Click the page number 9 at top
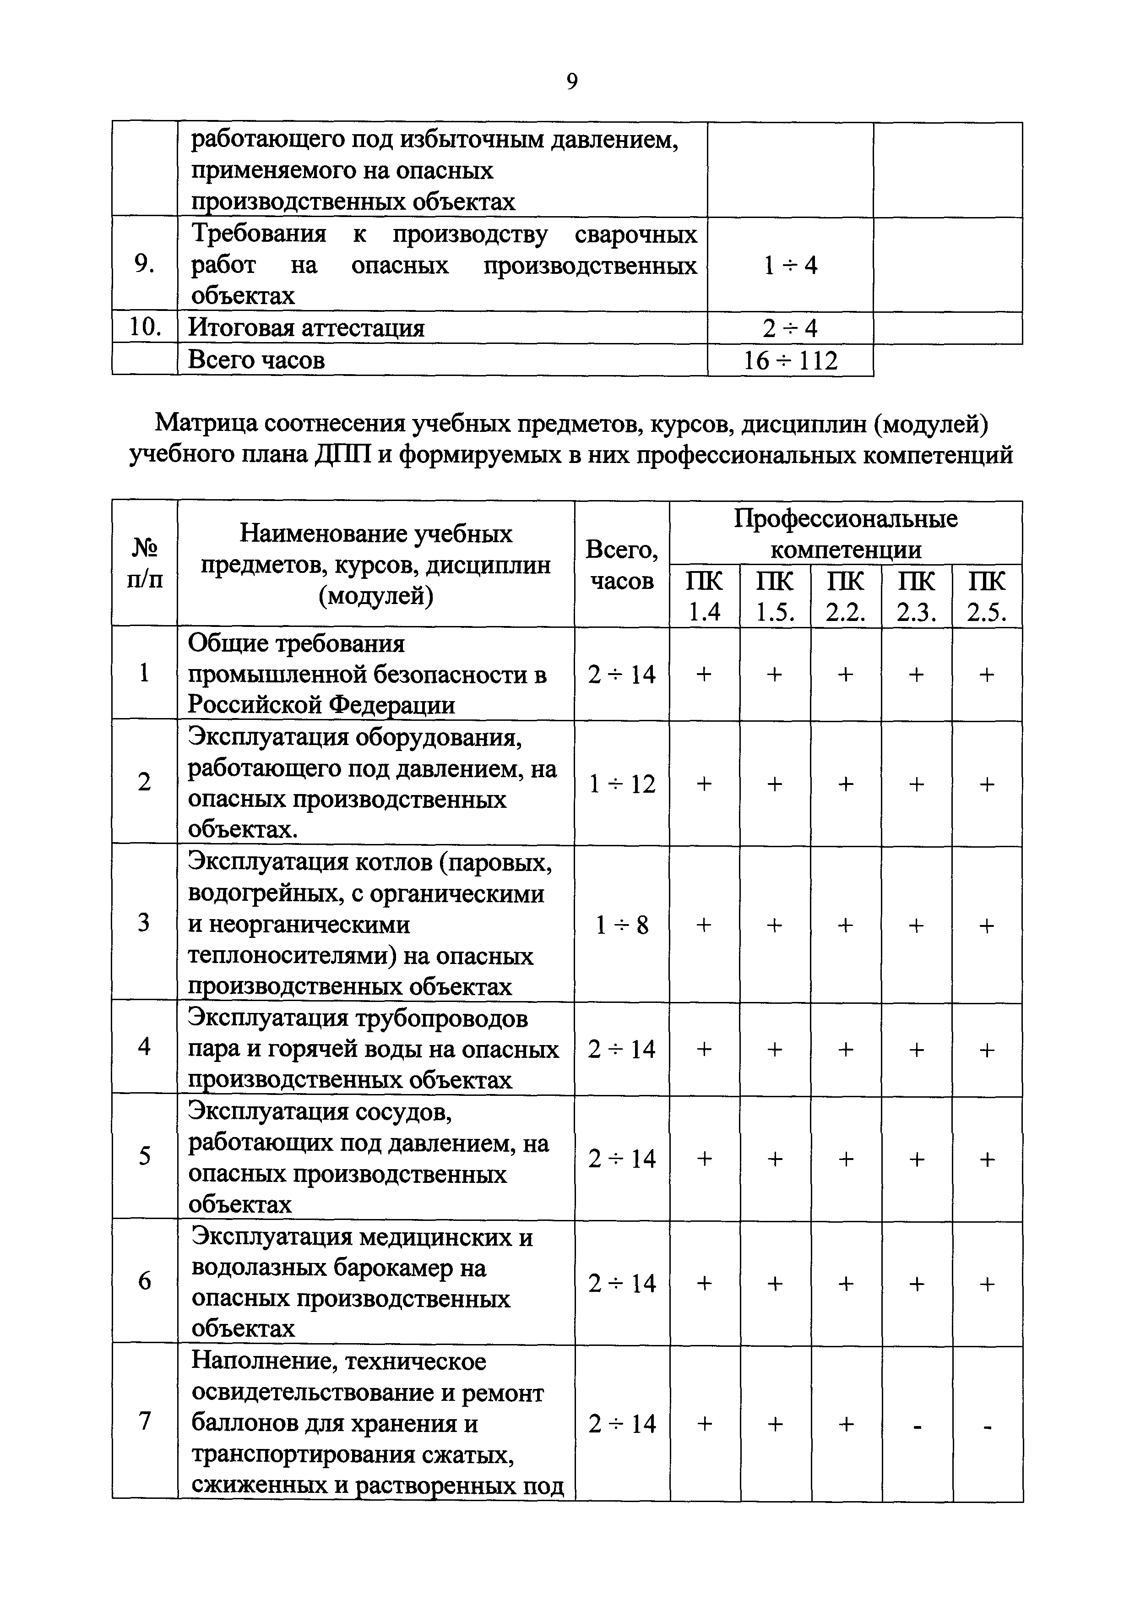pos(571,82)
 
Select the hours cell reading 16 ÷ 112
pos(789,360)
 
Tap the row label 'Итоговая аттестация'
pos(306,328)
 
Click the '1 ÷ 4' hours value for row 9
pos(789,265)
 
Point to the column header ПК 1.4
pos(704,596)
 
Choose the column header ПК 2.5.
pos(986,596)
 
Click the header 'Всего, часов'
pos(622,565)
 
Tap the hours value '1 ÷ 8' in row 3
pos(622,925)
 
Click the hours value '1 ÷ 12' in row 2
pos(622,784)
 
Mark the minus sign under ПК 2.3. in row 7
pos(916,1424)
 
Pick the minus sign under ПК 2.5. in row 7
pos(987,1424)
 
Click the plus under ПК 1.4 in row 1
pos(704,674)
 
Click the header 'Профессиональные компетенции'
pos(846,534)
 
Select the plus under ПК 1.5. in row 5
pos(775,1159)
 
